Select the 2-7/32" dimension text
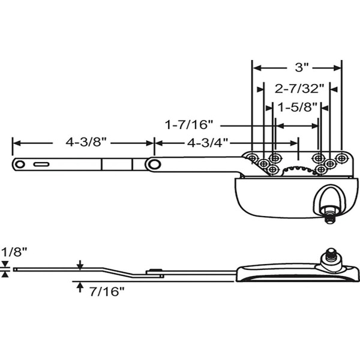click(299, 89)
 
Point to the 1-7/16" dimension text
click(190, 125)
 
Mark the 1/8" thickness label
click(13, 251)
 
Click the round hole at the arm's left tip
click(20, 164)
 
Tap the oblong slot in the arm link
click(41, 164)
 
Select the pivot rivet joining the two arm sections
click(154, 164)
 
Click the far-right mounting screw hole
click(341, 158)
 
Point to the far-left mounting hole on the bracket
click(253, 158)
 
